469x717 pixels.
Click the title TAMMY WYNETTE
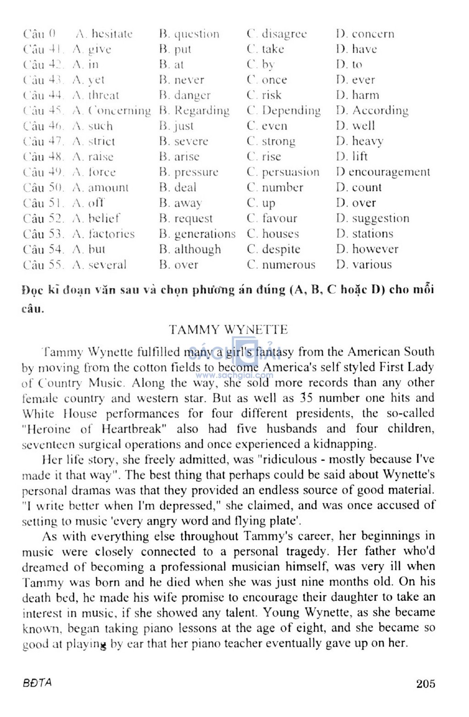coord(228,329)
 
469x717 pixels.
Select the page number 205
coord(425,684)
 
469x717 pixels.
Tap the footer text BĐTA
coord(37,683)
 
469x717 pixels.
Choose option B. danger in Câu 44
coord(185,95)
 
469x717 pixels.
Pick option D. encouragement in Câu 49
coord(383,172)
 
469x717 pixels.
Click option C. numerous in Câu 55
coord(281,264)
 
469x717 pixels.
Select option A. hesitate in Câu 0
coord(104,34)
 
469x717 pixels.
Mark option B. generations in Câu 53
coord(197,234)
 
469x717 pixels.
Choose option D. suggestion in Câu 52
coord(372,218)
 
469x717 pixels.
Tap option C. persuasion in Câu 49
coord(283,172)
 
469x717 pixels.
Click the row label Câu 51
coord(44,203)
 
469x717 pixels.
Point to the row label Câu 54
coord(44,249)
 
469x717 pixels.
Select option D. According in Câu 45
coord(372,111)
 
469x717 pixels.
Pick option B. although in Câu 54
coord(190,249)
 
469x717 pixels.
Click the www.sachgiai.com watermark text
coord(234,375)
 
